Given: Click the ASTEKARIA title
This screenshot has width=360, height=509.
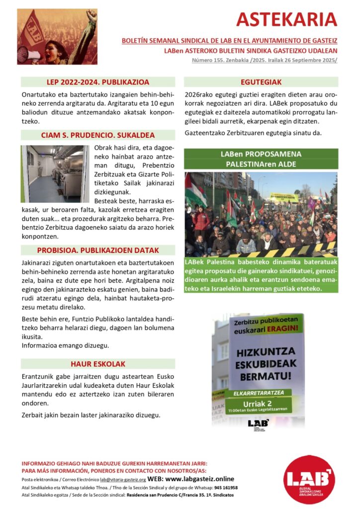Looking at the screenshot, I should [x=286, y=19].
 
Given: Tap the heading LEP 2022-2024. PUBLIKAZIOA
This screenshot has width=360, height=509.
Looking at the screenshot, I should [x=98, y=82].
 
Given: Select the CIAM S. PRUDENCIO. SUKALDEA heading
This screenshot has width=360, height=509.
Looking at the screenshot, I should [x=98, y=135].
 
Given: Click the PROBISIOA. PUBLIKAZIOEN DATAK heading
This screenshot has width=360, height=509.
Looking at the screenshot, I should [x=98, y=250].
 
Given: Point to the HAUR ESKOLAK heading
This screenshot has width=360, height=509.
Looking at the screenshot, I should [x=98, y=363].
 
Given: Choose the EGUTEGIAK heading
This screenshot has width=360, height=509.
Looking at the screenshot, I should [x=261, y=82].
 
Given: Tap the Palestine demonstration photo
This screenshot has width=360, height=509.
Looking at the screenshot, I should [x=261, y=214].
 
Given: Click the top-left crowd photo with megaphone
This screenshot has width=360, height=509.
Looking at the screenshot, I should [x=58, y=37].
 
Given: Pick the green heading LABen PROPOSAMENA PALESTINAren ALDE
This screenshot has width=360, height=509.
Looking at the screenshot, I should [x=261, y=159].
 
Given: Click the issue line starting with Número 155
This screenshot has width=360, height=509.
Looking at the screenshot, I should [x=265, y=60].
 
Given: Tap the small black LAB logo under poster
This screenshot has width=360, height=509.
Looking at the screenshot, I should [x=258, y=424].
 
